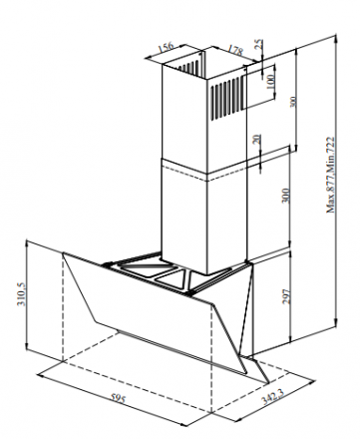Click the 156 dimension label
tap(166, 47)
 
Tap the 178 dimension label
tap(235, 50)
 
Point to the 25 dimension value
tap(258, 45)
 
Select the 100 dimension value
tap(270, 82)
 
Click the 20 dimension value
tap(257, 140)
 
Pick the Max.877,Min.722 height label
tap(330, 175)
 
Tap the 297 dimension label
tap(286, 296)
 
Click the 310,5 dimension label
tap(20, 294)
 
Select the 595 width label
tap(118, 398)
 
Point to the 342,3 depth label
tap(272, 396)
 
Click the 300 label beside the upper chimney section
tap(292, 102)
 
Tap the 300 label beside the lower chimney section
tap(285, 196)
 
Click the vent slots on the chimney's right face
tap(225, 99)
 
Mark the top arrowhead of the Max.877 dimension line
tap(336, 37)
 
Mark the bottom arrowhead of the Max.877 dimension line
tap(336, 323)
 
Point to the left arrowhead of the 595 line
tap(41, 375)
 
